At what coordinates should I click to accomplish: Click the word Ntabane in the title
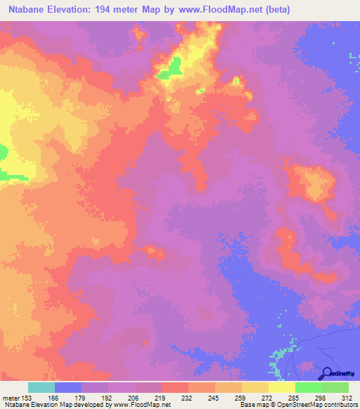point(26,11)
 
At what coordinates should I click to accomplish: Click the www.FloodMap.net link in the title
point(210,11)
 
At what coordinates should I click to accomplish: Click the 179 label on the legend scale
point(79,397)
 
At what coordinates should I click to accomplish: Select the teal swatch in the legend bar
point(41,387)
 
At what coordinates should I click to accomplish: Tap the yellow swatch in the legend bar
point(282,387)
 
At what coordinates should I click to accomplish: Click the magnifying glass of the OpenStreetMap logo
point(326,372)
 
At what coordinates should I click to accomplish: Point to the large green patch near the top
point(171,68)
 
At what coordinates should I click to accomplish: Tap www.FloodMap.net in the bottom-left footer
point(133,405)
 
